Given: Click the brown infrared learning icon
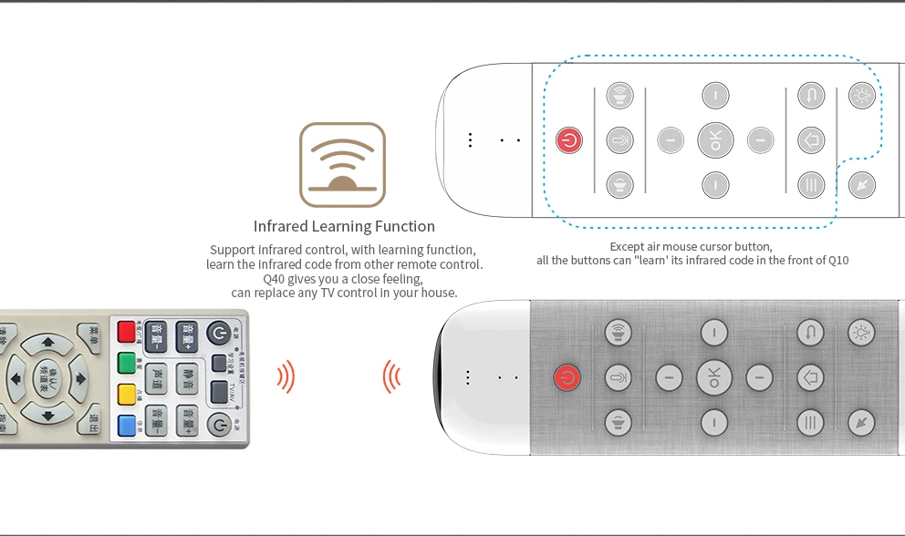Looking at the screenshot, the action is point(342,165).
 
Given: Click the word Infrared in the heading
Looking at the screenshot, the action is point(283,226).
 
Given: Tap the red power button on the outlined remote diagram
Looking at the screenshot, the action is point(569,140).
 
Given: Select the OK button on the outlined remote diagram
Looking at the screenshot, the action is point(715,140).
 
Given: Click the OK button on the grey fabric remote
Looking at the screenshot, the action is point(714,376).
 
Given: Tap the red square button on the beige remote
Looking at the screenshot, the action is point(126,332).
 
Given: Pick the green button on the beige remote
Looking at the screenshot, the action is point(126,363).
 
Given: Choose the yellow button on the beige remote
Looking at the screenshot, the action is point(126,394).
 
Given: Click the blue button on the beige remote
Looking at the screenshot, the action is point(126,424).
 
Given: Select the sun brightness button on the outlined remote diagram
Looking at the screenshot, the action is point(861,95).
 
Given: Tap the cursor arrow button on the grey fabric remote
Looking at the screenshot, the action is point(861,422).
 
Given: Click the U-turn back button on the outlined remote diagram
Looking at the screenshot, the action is point(811,95).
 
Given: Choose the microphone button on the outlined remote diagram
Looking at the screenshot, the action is point(619,140).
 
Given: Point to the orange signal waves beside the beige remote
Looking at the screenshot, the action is point(286,376).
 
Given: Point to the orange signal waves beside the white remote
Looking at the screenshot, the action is point(392,376).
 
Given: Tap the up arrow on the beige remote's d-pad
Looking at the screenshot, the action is point(44,345).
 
